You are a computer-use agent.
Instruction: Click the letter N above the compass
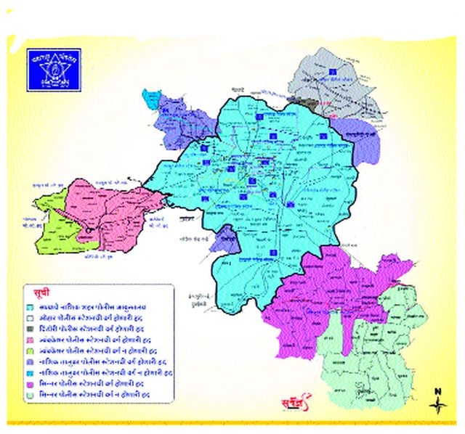point(437,392)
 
